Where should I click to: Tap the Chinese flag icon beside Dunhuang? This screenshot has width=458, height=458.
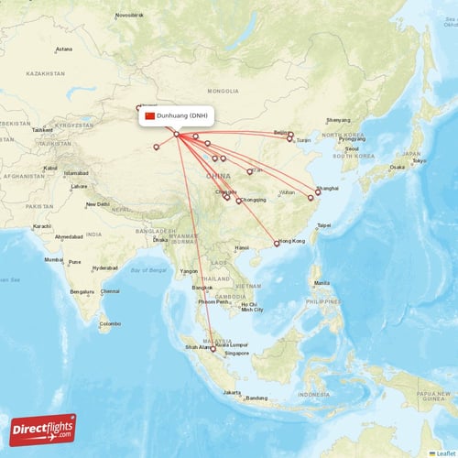(150, 116)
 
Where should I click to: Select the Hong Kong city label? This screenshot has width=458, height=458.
(292, 240)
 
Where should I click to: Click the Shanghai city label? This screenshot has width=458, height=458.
(327, 188)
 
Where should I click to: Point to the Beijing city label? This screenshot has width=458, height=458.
(281, 132)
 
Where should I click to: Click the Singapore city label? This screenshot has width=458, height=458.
(236, 353)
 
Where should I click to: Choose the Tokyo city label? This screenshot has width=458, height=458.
(419, 161)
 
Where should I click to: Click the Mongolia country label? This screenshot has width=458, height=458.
(223, 92)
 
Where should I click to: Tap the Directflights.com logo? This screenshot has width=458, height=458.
(43, 428)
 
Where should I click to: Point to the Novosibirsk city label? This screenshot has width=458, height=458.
(129, 16)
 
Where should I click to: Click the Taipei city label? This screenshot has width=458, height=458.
(322, 224)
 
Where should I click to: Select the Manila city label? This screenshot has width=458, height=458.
(322, 282)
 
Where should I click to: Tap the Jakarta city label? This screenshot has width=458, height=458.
(231, 392)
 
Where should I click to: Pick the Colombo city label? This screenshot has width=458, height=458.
(110, 323)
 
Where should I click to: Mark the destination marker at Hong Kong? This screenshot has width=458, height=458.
(277, 244)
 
